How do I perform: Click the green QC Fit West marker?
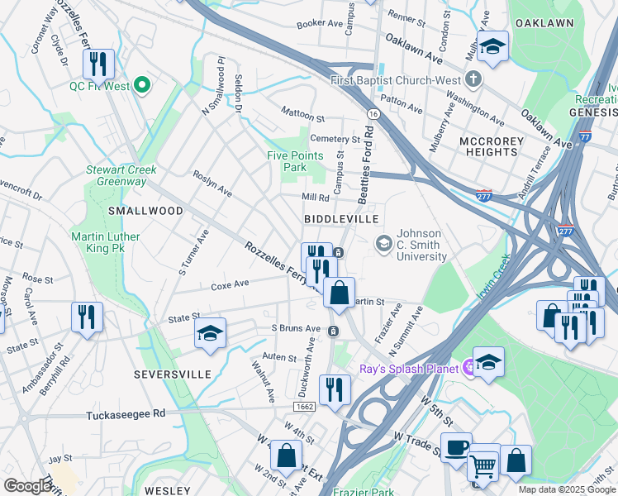click(141, 84)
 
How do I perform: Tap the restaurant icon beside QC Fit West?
click(97, 64)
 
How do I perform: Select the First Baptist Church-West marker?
click(473, 79)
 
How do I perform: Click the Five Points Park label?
click(287, 160)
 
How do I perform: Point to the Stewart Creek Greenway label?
click(121, 175)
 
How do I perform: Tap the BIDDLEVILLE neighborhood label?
click(340, 218)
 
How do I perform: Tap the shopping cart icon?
click(483, 465)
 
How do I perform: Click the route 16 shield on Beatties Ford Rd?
click(373, 113)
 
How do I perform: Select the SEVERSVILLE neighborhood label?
click(172, 374)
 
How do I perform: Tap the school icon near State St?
click(211, 333)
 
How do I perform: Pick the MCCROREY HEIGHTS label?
click(491, 146)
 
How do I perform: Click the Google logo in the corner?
click(27, 485)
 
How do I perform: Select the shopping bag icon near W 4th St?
click(286, 455)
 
